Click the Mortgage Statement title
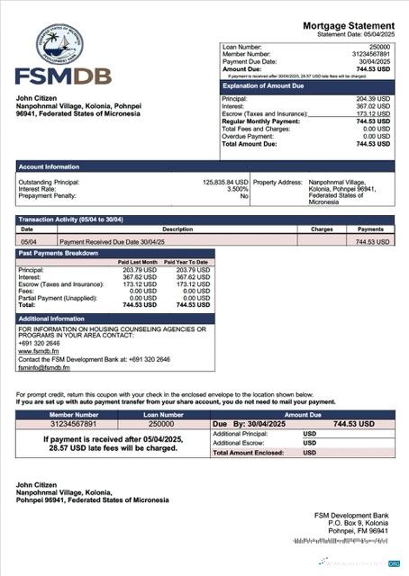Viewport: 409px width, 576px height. click(347, 25)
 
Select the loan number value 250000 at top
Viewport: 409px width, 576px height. click(379, 45)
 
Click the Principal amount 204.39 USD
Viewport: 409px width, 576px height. click(373, 99)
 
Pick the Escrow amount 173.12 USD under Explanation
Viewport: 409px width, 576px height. click(373, 114)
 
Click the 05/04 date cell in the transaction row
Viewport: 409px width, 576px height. click(28, 242)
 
